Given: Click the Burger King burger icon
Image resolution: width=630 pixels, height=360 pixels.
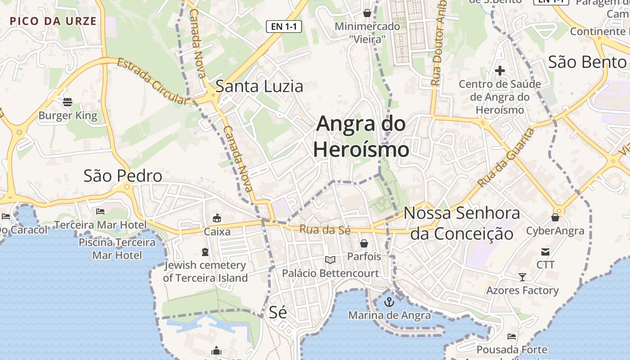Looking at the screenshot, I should tap(67, 102).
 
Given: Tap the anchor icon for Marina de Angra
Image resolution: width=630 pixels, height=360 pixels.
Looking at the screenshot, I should tap(389, 302).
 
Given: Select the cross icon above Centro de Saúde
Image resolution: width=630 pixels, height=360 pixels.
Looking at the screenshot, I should tap(499, 71).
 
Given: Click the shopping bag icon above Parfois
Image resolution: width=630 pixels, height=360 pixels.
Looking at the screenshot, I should tap(364, 243).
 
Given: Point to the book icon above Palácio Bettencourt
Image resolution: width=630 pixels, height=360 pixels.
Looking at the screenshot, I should tap(330, 260).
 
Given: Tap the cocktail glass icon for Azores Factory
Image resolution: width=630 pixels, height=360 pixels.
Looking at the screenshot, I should tap(522, 277).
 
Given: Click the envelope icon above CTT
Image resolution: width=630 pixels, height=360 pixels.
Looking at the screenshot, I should tap(545, 252).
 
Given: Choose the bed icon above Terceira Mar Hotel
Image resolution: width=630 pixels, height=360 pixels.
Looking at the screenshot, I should tap(100, 211).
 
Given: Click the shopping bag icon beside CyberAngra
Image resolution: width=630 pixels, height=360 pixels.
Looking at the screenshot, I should tap(555, 218).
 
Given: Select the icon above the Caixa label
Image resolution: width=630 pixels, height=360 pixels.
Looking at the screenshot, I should tap(217, 218).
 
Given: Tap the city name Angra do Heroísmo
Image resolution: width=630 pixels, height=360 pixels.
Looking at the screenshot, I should tap(361, 136).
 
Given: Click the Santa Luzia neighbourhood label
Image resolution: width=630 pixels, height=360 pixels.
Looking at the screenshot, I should tap(259, 86).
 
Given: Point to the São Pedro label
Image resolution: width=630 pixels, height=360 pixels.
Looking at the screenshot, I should tap(123, 176).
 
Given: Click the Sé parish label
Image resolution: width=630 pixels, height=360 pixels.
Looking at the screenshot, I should tap(278, 312).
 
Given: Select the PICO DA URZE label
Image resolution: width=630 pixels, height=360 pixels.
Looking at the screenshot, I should tap(53, 21).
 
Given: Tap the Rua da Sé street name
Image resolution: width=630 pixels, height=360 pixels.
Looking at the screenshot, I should tap(324, 229).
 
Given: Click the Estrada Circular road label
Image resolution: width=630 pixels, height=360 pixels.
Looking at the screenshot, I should tap(152, 81).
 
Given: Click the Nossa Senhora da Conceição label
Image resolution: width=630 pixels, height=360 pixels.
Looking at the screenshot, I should tap(462, 223).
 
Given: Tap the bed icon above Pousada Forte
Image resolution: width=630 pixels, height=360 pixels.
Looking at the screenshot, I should tap(511, 337).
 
